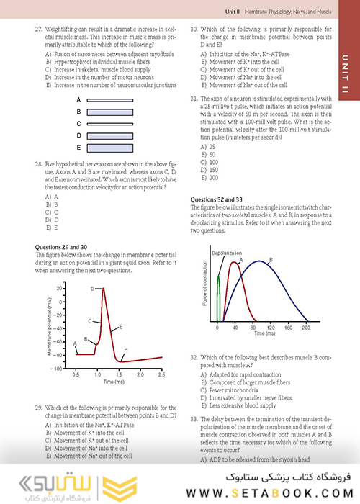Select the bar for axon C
pos(125,124)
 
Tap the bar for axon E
pos(125,148)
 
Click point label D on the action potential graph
pos(93,289)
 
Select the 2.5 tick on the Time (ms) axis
pos(161,376)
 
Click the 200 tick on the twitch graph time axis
pos(286,327)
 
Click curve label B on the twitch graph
pos(269,259)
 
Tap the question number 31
pos(194,98)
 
